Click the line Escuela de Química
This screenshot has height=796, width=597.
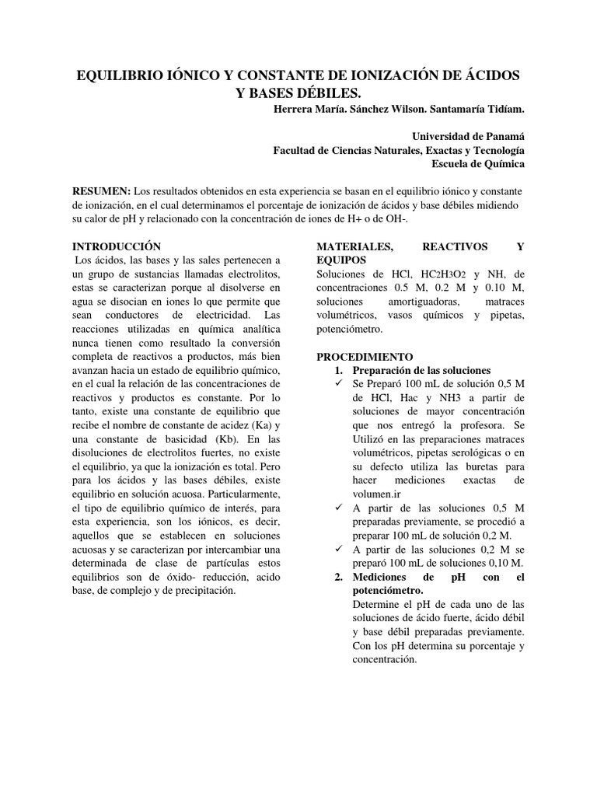pos(478,164)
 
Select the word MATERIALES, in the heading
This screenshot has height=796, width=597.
pos(351,246)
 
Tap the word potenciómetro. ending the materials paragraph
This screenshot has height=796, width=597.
pos(350,329)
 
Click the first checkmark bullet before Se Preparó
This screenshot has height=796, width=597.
pos(338,385)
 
